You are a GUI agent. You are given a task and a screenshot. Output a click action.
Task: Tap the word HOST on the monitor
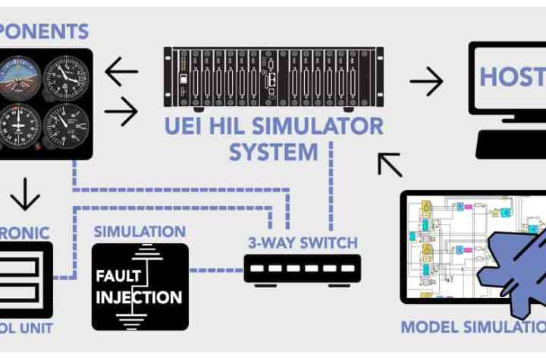[x=512, y=77]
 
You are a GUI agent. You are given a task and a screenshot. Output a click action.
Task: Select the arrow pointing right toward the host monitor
[x=426, y=80]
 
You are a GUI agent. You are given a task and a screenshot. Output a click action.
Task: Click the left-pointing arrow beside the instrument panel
[x=121, y=72]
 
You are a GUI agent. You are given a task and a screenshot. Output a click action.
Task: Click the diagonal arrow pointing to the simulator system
[x=391, y=164]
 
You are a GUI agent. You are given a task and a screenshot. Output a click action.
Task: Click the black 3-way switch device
[x=303, y=268]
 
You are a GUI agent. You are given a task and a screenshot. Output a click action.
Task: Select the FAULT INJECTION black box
[x=140, y=286]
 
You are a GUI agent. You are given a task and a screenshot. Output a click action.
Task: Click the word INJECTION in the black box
[x=140, y=297]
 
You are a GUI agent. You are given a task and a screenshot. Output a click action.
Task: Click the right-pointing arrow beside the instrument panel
[x=121, y=112]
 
